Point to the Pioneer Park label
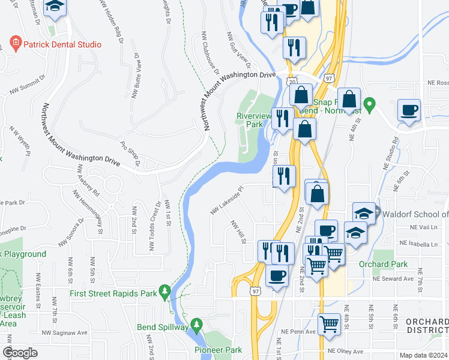pyautogui.click(x=218, y=349)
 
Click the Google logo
pyautogui.click(x=20, y=353)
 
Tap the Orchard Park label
pyautogui.click(x=383, y=264)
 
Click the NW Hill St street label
pyautogui.click(x=240, y=232)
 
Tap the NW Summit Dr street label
pyautogui.click(x=28, y=86)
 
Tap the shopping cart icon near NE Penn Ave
pyautogui.click(x=329, y=324)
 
